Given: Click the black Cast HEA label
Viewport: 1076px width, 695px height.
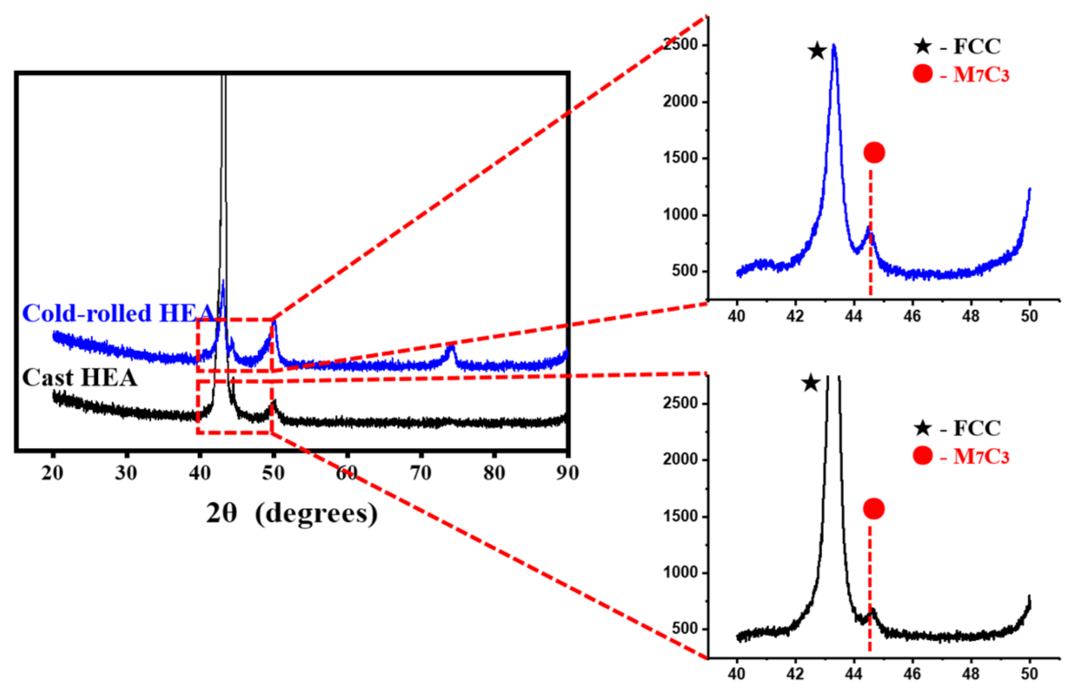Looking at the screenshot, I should (79, 378).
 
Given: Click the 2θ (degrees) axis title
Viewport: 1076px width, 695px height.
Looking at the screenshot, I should (291, 513).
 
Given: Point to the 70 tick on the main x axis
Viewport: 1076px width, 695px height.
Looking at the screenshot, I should (420, 473).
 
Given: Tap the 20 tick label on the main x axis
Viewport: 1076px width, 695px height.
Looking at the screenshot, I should (52, 473).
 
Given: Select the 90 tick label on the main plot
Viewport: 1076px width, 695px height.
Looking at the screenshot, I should (567, 473).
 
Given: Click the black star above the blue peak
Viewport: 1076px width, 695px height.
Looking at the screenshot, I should (817, 51).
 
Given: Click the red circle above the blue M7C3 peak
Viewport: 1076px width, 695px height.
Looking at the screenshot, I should (874, 152).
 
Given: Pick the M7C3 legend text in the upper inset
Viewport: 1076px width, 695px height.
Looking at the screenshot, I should (981, 75).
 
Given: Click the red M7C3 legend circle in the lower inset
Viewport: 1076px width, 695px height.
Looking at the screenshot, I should (923, 455).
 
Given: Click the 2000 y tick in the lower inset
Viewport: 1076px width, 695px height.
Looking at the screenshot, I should (681, 460).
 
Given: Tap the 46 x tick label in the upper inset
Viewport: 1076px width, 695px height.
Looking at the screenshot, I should (912, 316).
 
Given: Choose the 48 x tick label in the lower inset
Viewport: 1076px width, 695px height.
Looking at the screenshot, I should (970, 674).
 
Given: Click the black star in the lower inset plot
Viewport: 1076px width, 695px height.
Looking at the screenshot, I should (811, 383).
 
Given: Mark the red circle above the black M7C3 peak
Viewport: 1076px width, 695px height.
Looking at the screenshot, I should (874, 508).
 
